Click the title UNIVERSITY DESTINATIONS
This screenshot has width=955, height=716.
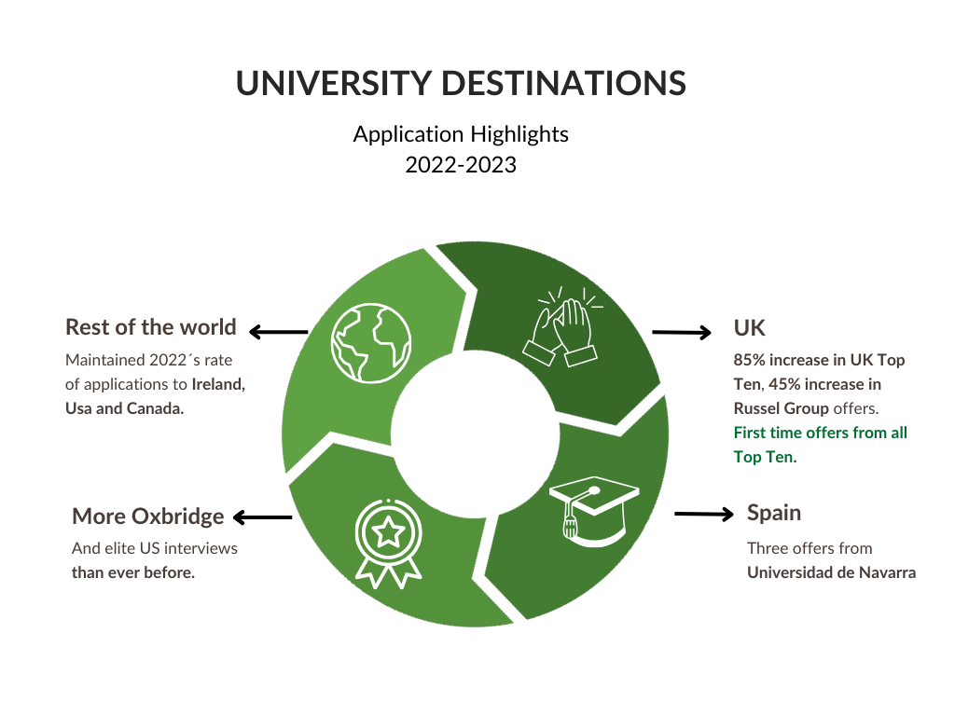[x=461, y=83]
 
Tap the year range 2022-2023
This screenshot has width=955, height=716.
[x=461, y=165]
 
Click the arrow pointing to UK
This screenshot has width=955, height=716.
[x=681, y=332]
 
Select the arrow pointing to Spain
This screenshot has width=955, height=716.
[x=704, y=514]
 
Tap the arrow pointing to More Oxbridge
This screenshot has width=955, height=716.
[x=262, y=517]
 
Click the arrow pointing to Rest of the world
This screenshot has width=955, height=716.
[x=279, y=331]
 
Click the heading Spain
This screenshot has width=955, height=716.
[x=774, y=513]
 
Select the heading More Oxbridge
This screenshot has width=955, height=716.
[x=147, y=516]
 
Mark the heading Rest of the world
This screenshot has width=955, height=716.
[x=150, y=327]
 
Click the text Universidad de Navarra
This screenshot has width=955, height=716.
[x=831, y=572]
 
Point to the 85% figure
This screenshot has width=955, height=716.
[x=750, y=360]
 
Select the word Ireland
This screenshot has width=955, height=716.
[x=218, y=384]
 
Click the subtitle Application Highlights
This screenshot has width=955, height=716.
[x=461, y=134]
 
